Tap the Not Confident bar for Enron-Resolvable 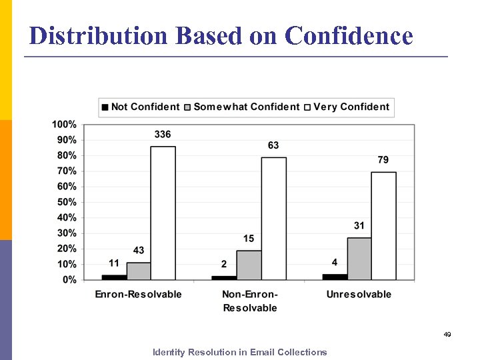point(114,277)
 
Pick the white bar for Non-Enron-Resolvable point(273,219)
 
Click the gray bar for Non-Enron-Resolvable point(249,265)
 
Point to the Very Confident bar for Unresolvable point(383,226)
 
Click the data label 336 point(163,135)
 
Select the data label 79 point(383,160)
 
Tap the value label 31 point(359,226)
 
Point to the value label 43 point(139,251)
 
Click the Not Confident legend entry point(140,107)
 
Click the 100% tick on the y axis point(64,125)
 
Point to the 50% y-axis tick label point(65,202)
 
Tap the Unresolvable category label point(359,294)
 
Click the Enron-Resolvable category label point(138,294)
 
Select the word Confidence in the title point(349,35)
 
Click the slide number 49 point(447,334)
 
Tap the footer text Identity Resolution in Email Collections point(240,352)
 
